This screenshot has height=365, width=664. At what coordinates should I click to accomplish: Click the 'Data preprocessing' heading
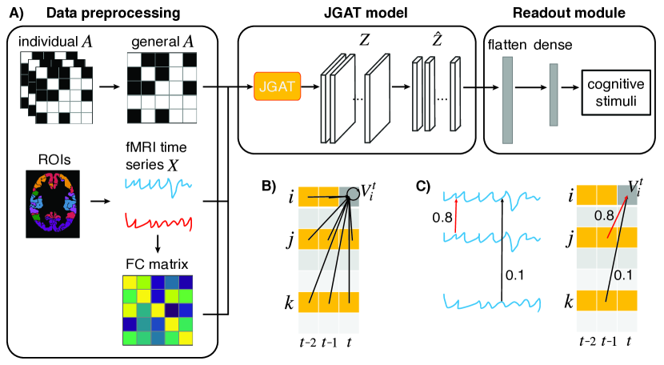(x=111, y=13)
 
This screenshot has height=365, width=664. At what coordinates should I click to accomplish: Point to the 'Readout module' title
(x=571, y=13)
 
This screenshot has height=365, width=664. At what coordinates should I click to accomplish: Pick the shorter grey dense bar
(x=553, y=94)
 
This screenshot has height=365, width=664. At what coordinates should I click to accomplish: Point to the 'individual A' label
(x=54, y=42)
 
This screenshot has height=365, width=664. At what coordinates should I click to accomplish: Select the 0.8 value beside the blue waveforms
(x=442, y=218)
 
